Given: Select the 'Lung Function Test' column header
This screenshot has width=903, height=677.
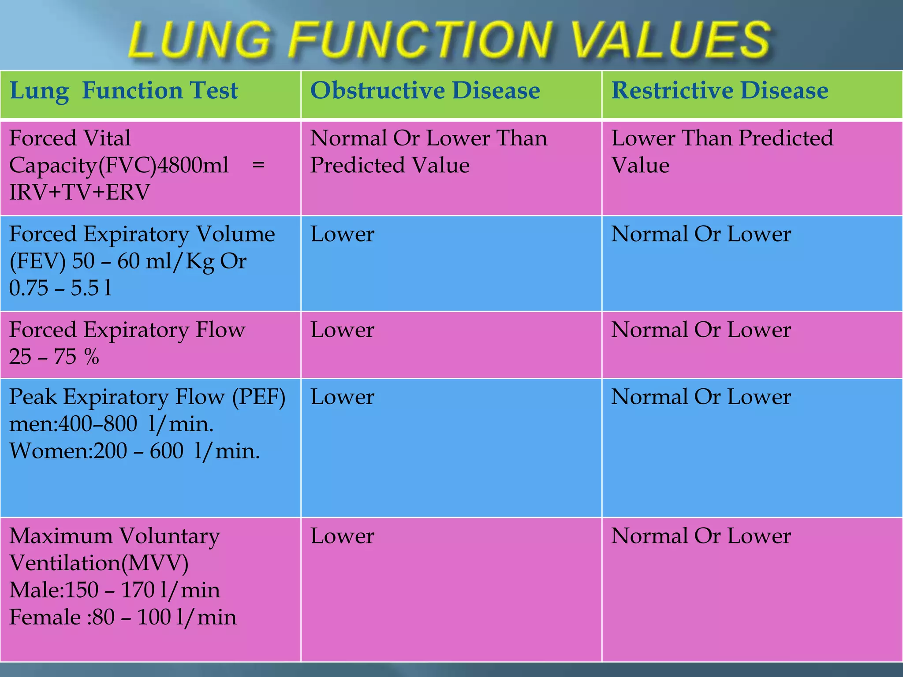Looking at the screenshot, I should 123,91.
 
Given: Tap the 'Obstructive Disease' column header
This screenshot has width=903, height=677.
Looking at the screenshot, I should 425,91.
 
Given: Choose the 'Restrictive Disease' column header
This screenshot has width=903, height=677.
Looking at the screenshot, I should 720,91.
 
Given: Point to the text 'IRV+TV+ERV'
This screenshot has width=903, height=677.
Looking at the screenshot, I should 79,193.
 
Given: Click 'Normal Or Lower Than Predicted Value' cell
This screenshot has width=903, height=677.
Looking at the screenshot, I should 429,152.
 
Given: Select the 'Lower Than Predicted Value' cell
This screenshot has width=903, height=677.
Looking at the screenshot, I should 722,152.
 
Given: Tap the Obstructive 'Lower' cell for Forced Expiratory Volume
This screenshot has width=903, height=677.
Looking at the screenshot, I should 342,234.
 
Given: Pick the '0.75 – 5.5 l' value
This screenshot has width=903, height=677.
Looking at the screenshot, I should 60,288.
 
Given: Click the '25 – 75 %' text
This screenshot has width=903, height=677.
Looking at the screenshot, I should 54,357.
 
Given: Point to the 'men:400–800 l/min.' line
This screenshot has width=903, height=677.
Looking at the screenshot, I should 112,424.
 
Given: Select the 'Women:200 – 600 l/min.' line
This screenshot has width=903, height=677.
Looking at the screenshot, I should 134,451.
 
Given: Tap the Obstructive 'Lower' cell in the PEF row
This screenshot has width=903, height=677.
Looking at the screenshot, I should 342,397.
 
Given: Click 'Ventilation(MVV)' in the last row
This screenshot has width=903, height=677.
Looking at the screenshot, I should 99,563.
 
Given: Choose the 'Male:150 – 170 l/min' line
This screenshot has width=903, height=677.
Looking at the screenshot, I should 115,590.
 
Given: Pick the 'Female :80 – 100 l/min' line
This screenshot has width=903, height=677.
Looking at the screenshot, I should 123,617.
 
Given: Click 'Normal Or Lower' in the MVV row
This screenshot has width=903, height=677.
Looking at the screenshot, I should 701,536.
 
